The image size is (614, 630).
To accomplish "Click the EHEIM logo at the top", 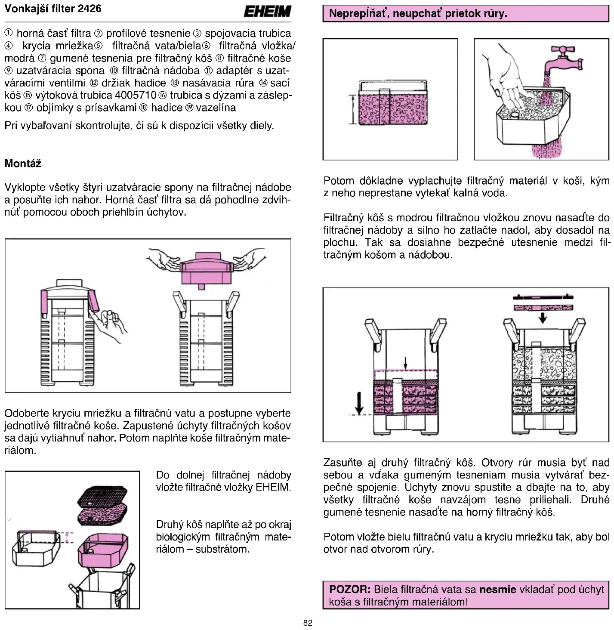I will (267, 11).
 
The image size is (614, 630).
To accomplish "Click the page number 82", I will (308, 623).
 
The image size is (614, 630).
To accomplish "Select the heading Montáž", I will (23, 164).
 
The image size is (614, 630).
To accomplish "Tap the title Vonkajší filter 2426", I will (53, 9).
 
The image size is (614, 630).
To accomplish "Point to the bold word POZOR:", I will (349, 589).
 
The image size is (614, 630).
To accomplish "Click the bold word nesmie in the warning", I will (497, 589).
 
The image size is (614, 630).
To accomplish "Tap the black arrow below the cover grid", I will (543, 318).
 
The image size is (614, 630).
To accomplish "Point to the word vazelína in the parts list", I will (216, 108).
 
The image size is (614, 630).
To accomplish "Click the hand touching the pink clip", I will (110, 325).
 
